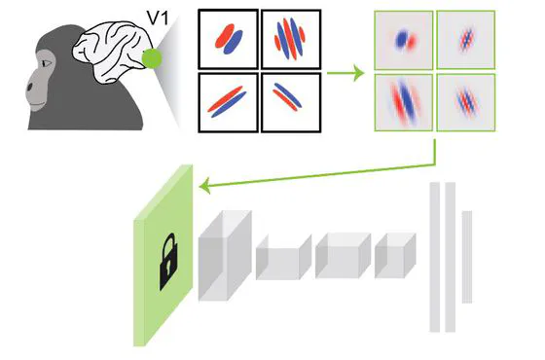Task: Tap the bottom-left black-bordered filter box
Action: tap(228, 101)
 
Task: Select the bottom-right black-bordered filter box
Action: tap(290, 101)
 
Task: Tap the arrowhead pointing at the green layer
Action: tap(202, 185)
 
